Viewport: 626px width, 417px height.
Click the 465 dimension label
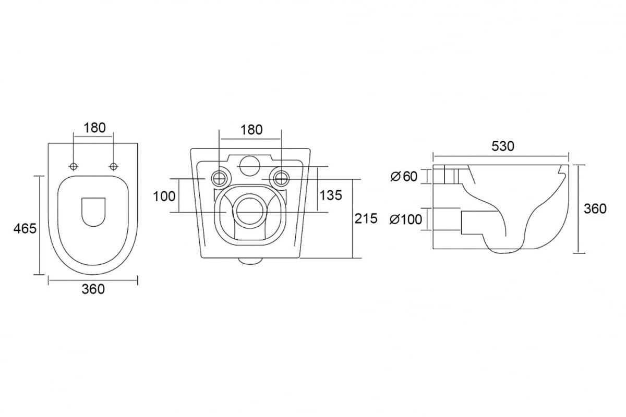[x=25, y=229]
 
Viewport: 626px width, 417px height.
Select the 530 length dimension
[x=503, y=146]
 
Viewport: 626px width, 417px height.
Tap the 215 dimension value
[x=366, y=218]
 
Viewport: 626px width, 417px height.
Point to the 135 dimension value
[x=331, y=195]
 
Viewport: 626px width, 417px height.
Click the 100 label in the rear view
[x=164, y=197]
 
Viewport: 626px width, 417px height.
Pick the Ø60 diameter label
[x=404, y=177]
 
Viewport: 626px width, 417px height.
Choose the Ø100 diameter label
[x=406, y=219]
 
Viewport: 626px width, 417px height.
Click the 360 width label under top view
[x=93, y=289]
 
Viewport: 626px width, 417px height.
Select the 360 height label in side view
[x=595, y=209]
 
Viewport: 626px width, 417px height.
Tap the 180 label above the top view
[x=95, y=128]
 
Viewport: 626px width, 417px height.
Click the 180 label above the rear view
[x=251, y=130]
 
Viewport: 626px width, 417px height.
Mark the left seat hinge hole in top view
[x=74, y=167]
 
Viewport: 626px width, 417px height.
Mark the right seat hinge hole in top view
[x=113, y=167]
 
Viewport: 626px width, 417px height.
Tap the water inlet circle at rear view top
[x=250, y=166]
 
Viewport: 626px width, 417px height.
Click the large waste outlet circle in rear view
[x=250, y=212]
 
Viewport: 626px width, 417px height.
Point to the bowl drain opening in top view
[x=93, y=212]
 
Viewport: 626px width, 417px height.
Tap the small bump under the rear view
[x=250, y=261]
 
